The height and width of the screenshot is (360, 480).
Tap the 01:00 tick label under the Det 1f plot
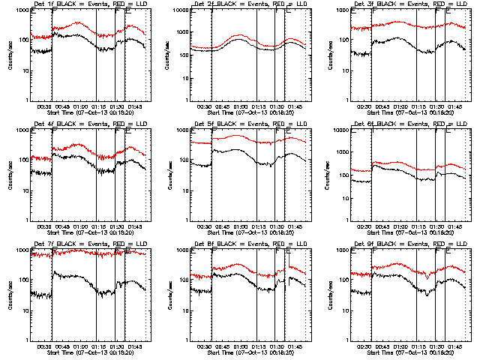point(79,106)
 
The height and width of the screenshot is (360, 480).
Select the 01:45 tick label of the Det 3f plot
point(453,106)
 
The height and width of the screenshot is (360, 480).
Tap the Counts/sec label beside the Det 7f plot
point(8,294)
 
